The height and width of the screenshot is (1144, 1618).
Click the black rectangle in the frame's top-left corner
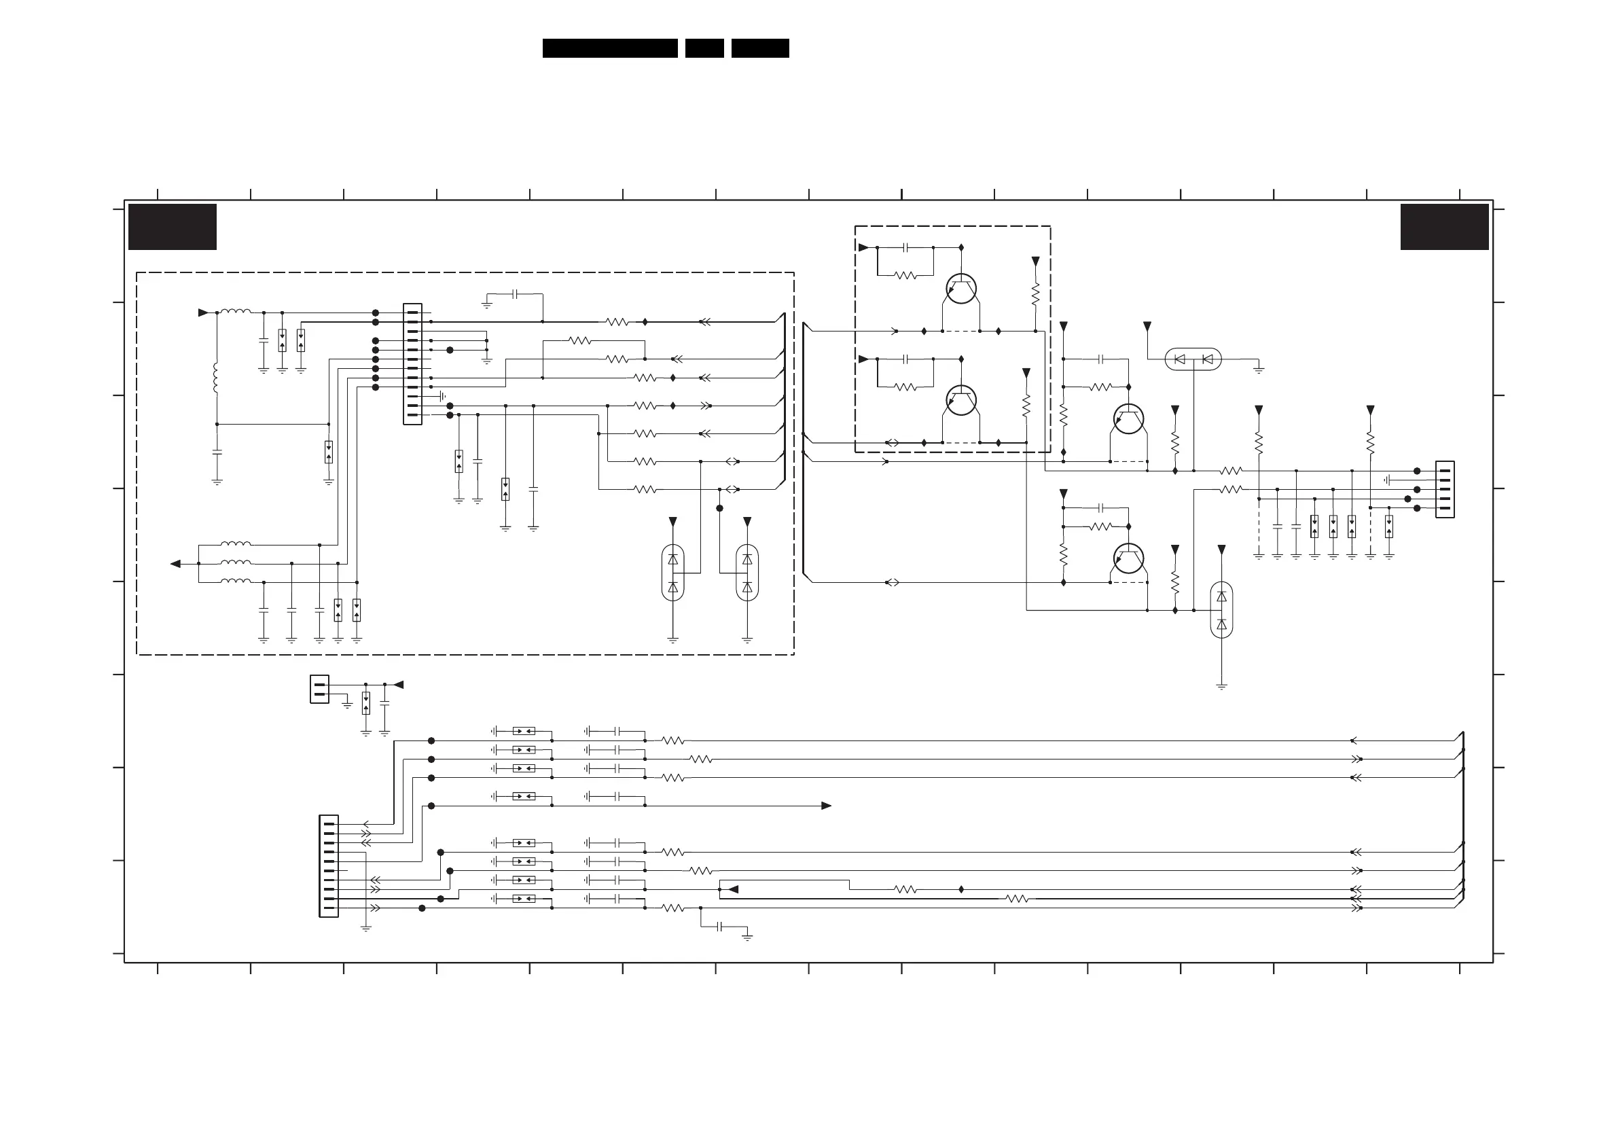pyautogui.click(x=172, y=226)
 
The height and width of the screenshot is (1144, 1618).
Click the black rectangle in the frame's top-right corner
pyautogui.click(x=1444, y=226)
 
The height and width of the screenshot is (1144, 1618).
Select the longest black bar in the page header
pyautogui.click(x=609, y=48)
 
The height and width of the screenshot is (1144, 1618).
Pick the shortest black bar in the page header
pyautogui.click(x=704, y=48)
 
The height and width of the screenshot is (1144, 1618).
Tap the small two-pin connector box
pyautogui.click(x=319, y=689)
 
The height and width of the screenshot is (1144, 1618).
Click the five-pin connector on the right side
pyautogui.click(x=1445, y=489)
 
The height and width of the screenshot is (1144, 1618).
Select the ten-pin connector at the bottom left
pyautogui.click(x=328, y=865)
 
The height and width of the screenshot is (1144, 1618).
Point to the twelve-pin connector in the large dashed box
pyautogui.click(x=412, y=363)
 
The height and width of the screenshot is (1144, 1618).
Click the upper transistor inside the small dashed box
pyautogui.click(x=961, y=289)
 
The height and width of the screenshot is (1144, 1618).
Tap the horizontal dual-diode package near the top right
pyautogui.click(x=1193, y=359)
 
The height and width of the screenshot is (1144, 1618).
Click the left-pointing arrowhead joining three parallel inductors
pyautogui.click(x=176, y=563)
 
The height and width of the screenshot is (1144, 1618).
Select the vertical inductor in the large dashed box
pyautogui.click(x=216, y=378)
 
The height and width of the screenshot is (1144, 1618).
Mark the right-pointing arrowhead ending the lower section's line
pyautogui.click(x=826, y=806)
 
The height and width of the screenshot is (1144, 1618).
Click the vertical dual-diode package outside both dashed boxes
pyautogui.click(x=1221, y=610)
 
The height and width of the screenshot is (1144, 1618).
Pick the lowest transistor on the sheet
pyautogui.click(x=1128, y=558)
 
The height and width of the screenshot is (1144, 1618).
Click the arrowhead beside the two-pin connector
pyautogui.click(x=399, y=684)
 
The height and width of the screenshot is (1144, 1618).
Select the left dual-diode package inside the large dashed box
pyautogui.click(x=672, y=573)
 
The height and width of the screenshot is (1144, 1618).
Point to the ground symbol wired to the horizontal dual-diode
pyautogui.click(x=1259, y=369)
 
